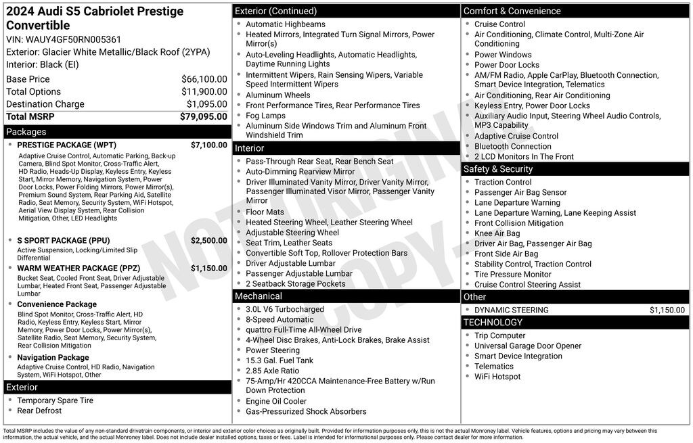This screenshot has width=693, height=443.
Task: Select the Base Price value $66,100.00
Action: click(x=204, y=79)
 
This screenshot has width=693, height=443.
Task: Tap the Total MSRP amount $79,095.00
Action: click(x=203, y=116)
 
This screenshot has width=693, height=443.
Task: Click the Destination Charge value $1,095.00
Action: click(x=206, y=104)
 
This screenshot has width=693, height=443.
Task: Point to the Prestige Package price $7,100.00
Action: click(x=208, y=145)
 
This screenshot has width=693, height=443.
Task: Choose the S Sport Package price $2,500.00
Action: click(x=208, y=240)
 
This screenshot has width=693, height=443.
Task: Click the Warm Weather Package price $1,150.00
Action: click(x=208, y=268)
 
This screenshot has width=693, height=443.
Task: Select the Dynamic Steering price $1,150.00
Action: click(x=667, y=310)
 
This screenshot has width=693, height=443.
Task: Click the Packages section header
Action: click(x=26, y=132)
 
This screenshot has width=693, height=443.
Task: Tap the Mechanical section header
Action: click(x=258, y=296)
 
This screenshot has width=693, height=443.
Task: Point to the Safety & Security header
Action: click(x=498, y=169)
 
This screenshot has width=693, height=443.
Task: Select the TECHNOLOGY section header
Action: click(x=494, y=323)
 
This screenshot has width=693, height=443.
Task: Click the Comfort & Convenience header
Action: click(x=512, y=11)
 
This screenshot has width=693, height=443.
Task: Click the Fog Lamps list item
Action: click(x=265, y=116)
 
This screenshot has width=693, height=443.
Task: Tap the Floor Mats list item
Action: click(x=266, y=212)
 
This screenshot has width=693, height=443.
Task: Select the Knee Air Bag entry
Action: click(x=497, y=233)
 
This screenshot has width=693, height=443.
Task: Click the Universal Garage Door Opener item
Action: click(x=528, y=346)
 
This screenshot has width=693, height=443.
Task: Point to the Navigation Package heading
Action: click(x=53, y=357)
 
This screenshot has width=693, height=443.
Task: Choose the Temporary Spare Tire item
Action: click(x=55, y=400)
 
